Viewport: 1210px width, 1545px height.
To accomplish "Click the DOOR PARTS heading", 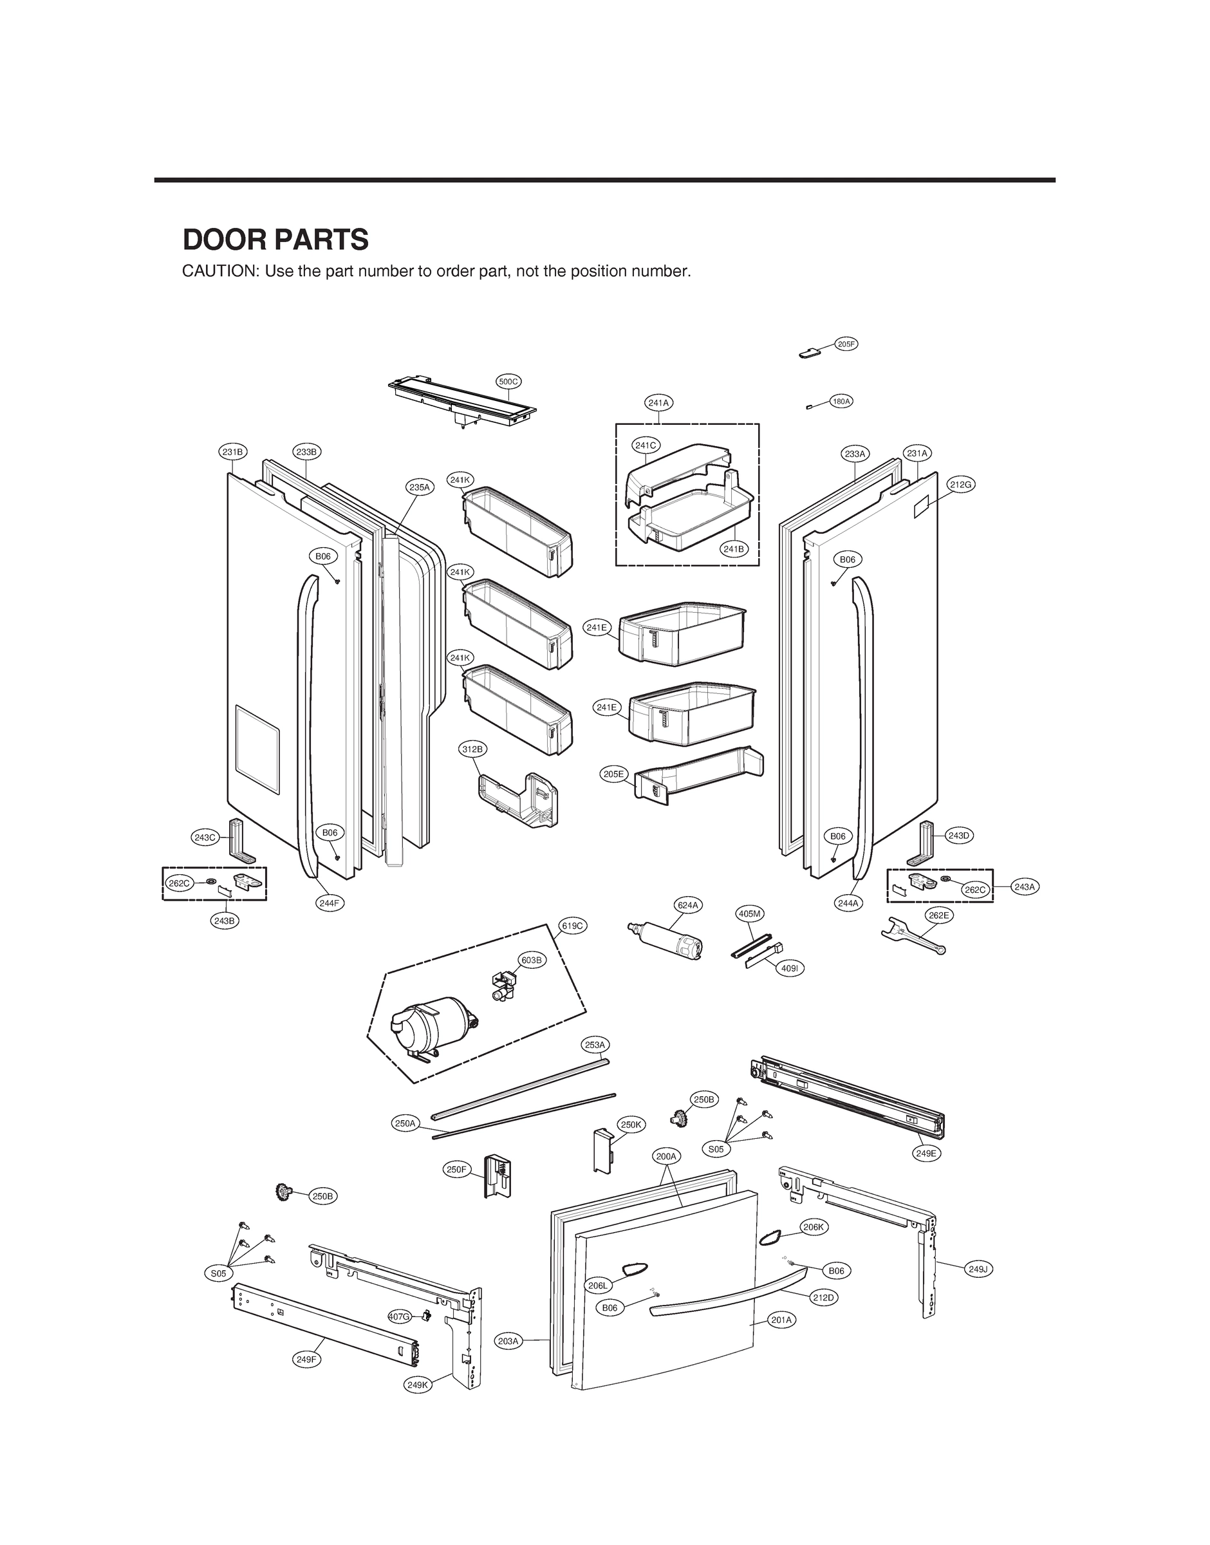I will pos(275,240).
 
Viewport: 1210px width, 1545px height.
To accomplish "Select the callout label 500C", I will pos(508,382).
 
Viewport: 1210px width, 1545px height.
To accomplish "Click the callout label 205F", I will pos(846,344).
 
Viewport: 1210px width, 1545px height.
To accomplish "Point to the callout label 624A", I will pos(688,904).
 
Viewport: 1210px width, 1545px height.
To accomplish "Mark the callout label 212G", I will pos(962,485).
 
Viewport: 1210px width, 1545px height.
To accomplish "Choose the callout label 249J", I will pos(978,1269).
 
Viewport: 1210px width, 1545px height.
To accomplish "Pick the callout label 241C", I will pos(646,445).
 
